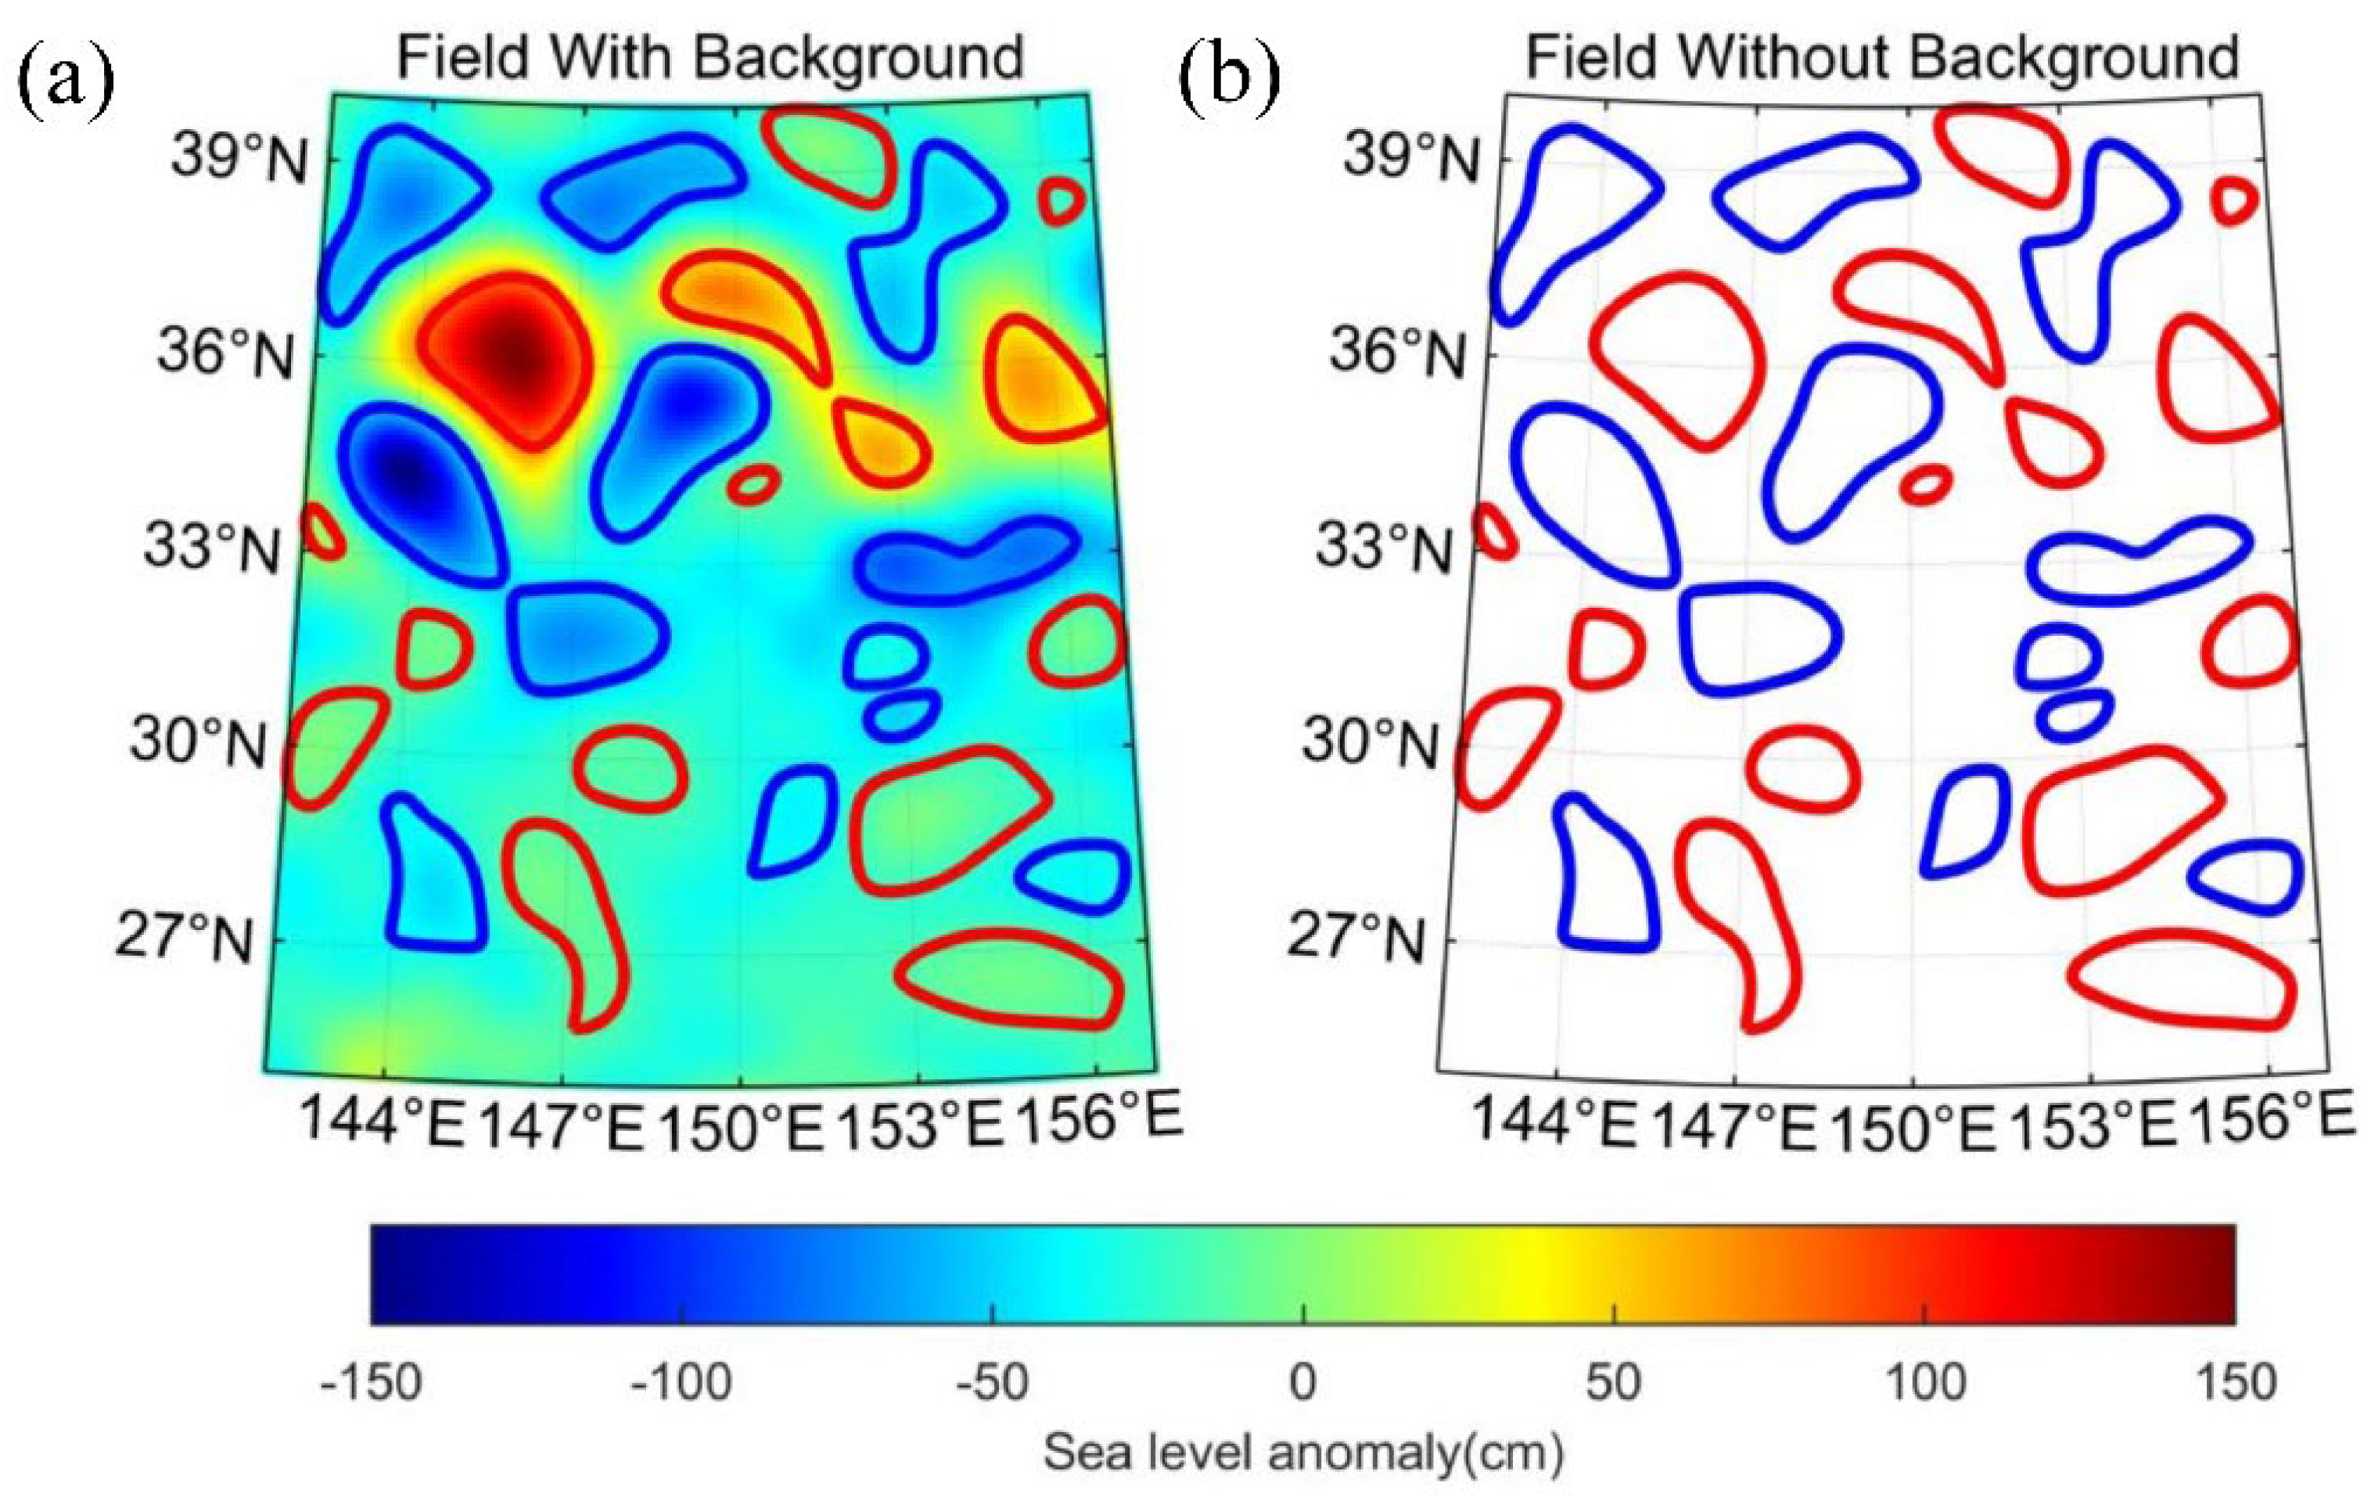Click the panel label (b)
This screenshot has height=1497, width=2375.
[x=1230, y=77]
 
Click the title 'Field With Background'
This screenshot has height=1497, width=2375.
[x=710, y=57]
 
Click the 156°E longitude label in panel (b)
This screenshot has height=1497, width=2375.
[x=2269, y=1120]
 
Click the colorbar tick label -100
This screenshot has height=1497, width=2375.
[x=681, y=1383]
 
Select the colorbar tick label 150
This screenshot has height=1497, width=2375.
[x=2235, y=1383]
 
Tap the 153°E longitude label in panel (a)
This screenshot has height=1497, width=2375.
[x=918, y=1124]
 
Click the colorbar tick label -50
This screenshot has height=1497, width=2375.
[x=991, y=1383]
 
